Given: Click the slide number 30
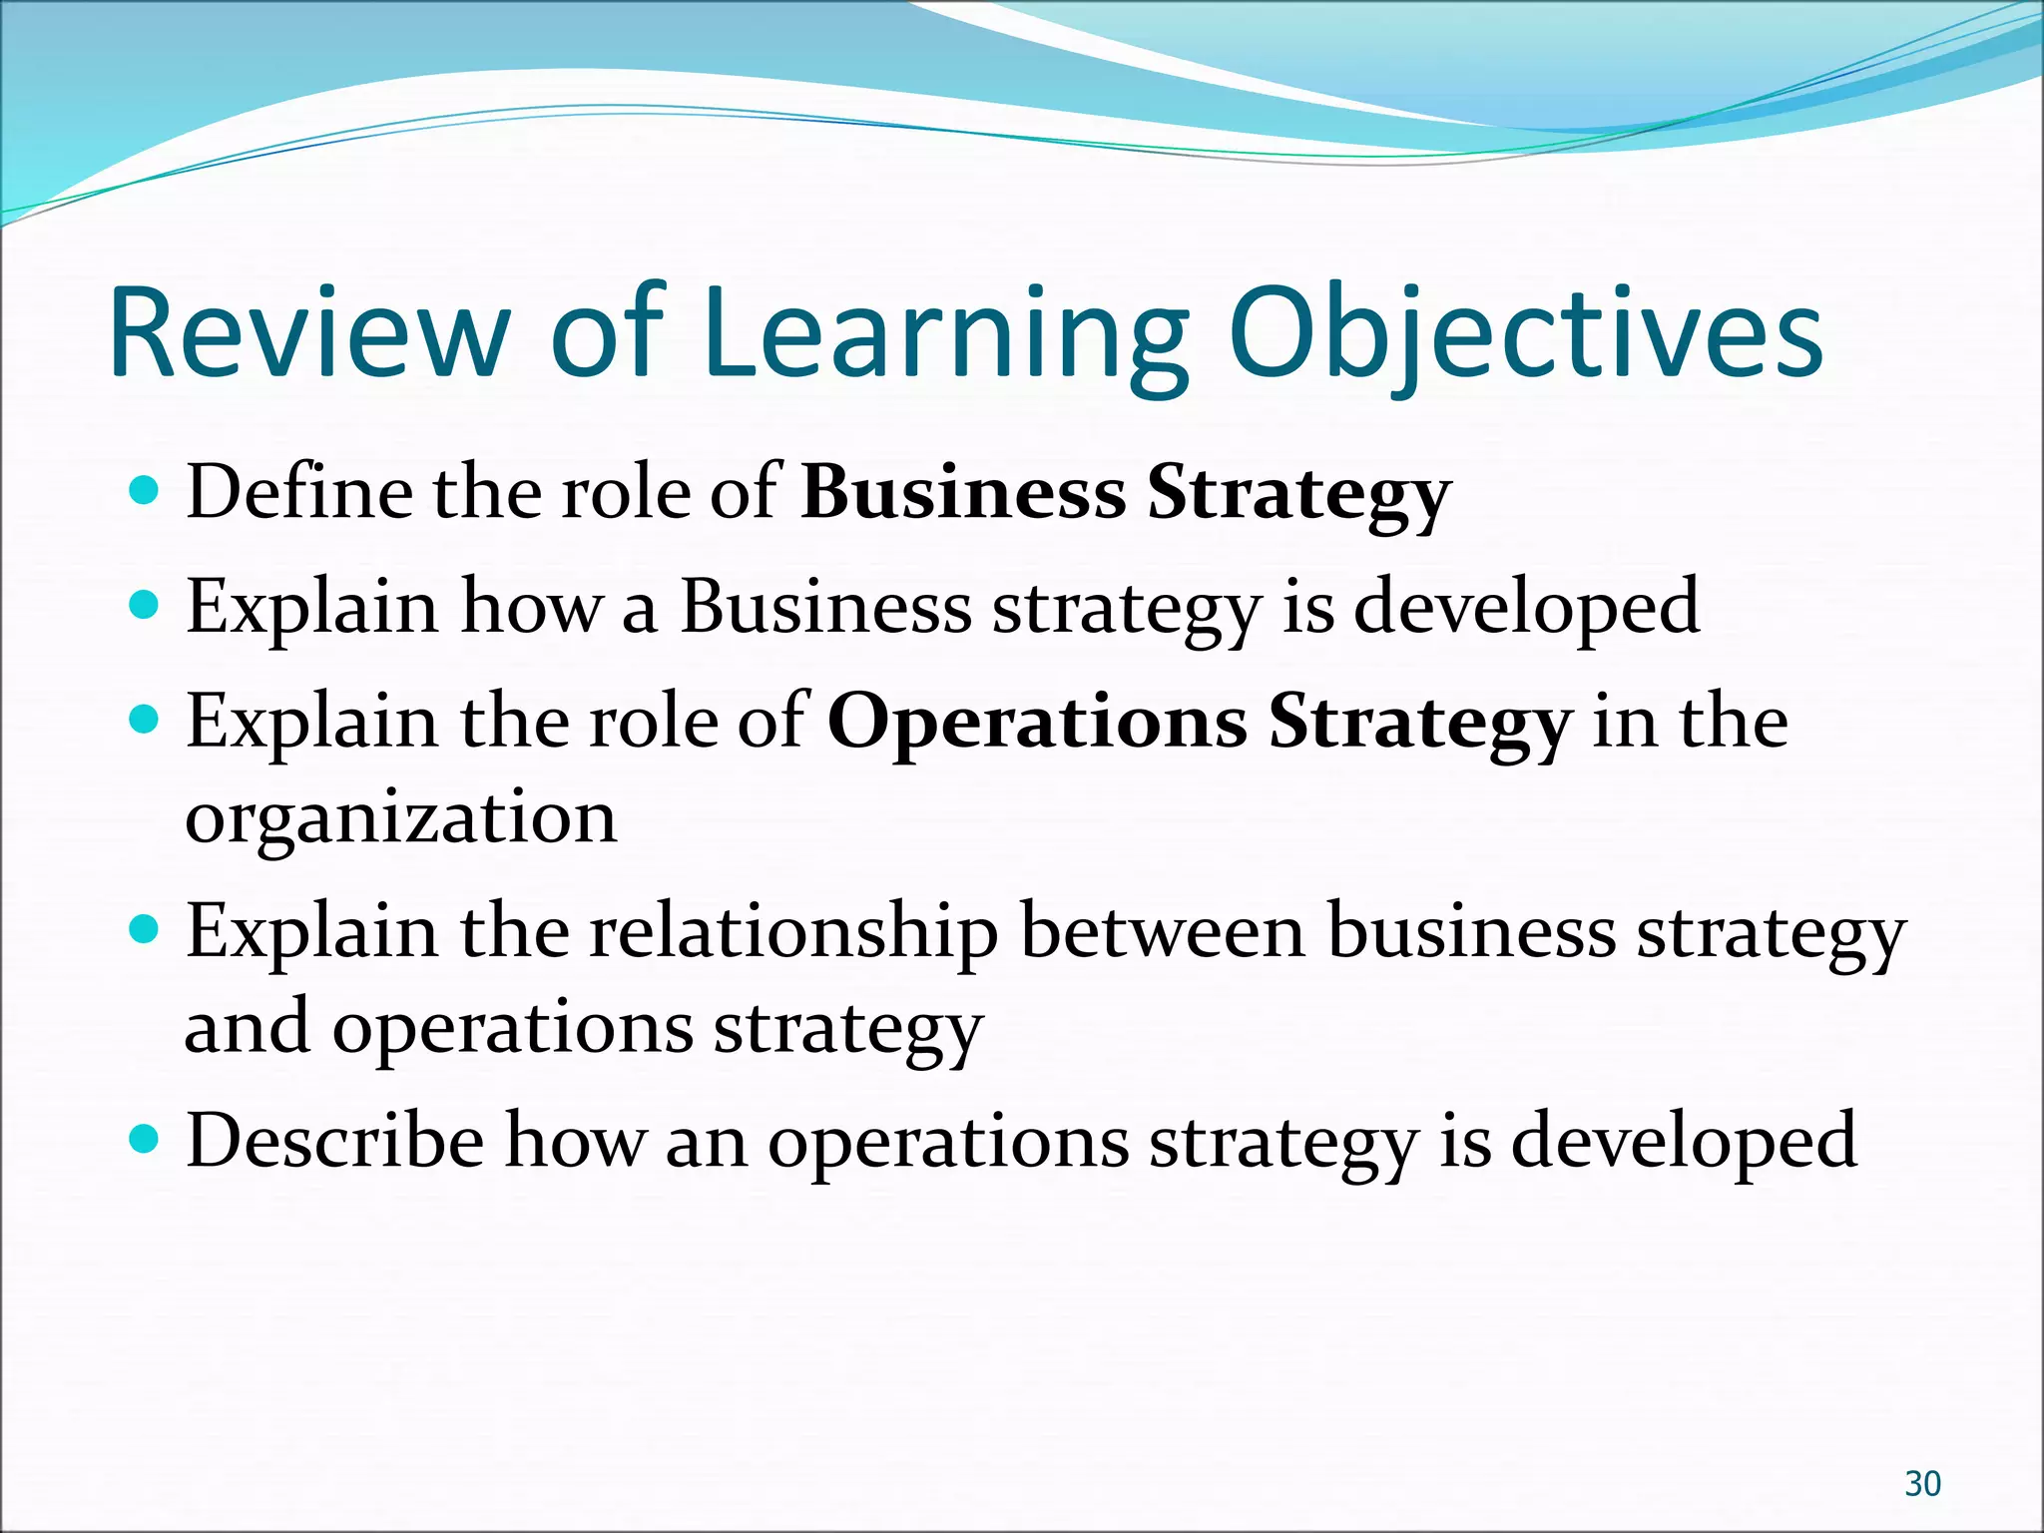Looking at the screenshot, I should point(1922,1484).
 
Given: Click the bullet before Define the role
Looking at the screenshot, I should point(145,491).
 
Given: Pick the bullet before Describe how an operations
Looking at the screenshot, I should point(145,1137).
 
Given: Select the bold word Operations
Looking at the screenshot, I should point(1037,722).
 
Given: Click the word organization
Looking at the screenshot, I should point(401,817).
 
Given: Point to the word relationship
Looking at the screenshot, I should point(792,932).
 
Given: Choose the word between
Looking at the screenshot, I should point(1163,932).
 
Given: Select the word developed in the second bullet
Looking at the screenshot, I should point(1526,606).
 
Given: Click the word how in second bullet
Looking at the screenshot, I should point(531,606).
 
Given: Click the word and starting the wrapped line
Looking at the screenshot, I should point(247,1027).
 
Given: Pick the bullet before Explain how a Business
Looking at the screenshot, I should point(145,605).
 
